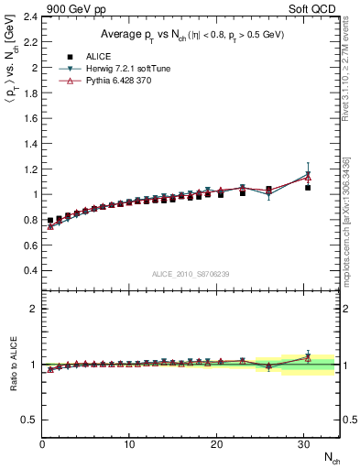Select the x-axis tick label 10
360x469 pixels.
tap(129, 443)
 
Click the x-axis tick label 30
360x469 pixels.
tap(303, 443)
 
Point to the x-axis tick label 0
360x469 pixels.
tap(42, 443)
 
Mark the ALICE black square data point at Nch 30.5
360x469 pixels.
tap(308, 188)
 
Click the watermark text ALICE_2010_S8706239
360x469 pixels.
tap(190, 274)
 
